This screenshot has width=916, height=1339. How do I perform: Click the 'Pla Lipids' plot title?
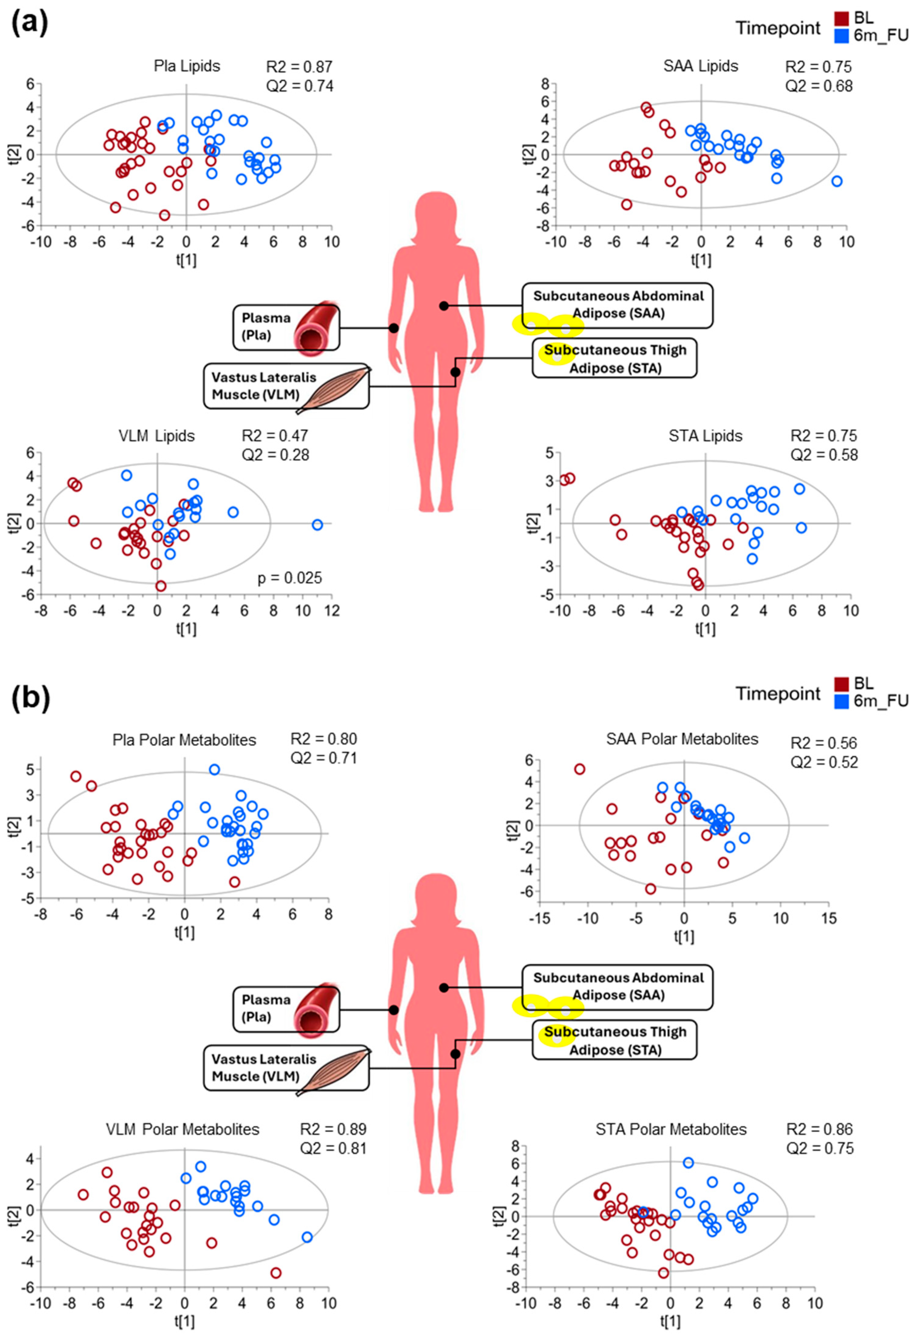(186, 66)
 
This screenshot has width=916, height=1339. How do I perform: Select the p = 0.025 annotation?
(290, 578)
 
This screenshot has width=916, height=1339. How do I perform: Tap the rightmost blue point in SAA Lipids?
(836, 181)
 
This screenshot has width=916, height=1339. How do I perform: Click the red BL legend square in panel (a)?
(841, 19)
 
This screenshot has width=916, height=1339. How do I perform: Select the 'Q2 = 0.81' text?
(333, 1148)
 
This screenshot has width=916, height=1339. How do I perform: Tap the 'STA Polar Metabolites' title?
(671, 1129)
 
